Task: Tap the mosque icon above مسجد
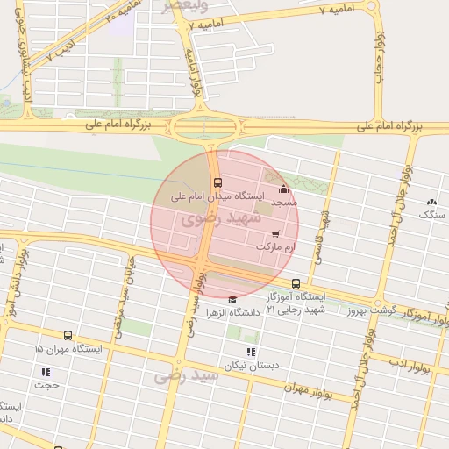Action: coord(282,189)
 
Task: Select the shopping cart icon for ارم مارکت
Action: coord(275,234)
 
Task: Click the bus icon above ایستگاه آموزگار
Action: coord(296,283)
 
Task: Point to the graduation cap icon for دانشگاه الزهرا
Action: coord(232,299)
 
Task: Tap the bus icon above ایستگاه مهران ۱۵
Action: coord(68,335)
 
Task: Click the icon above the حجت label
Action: coord(44,371)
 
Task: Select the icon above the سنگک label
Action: coord(431,202)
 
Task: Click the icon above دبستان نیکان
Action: coord(243,351)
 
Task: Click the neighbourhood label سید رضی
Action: coord(185,376)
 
